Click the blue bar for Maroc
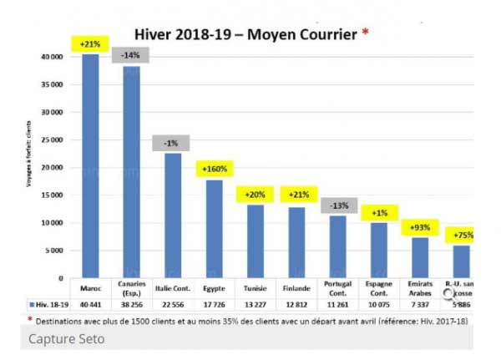pos(90,167)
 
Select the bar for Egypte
pos(213,229)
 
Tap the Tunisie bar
pos(254,241)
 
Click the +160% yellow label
pos(213,169)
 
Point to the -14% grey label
pos(130,55)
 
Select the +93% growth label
pos(417,227)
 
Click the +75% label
pos(459,236)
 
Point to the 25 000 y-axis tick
pos(53,140)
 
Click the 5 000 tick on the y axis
pos(56,251)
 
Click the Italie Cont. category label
pos(172,288)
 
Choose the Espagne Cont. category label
pos(377,289)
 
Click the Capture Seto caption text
pos(68,340)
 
